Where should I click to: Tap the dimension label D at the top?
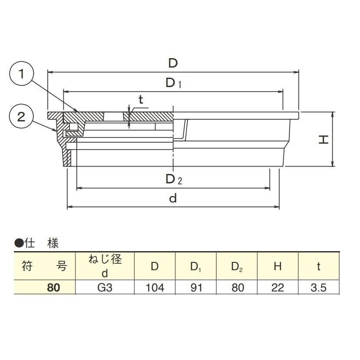tap(173, 63)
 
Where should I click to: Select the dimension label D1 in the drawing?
tap(173, 84)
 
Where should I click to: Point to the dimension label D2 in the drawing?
tap(173, 179)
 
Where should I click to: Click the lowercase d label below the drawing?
tap(173, 199)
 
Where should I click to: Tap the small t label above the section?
tap(141, 99)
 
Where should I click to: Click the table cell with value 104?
tap(154, 288)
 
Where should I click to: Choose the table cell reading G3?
tap(105, 288)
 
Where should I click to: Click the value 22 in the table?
tap(278, 288)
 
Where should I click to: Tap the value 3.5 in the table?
tap(318, 288)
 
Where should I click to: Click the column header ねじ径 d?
tap(105, 266)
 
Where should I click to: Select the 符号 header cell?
tap(45, 266)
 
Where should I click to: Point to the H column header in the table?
tap(278, 266)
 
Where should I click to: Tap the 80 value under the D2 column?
tap(237, 288)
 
